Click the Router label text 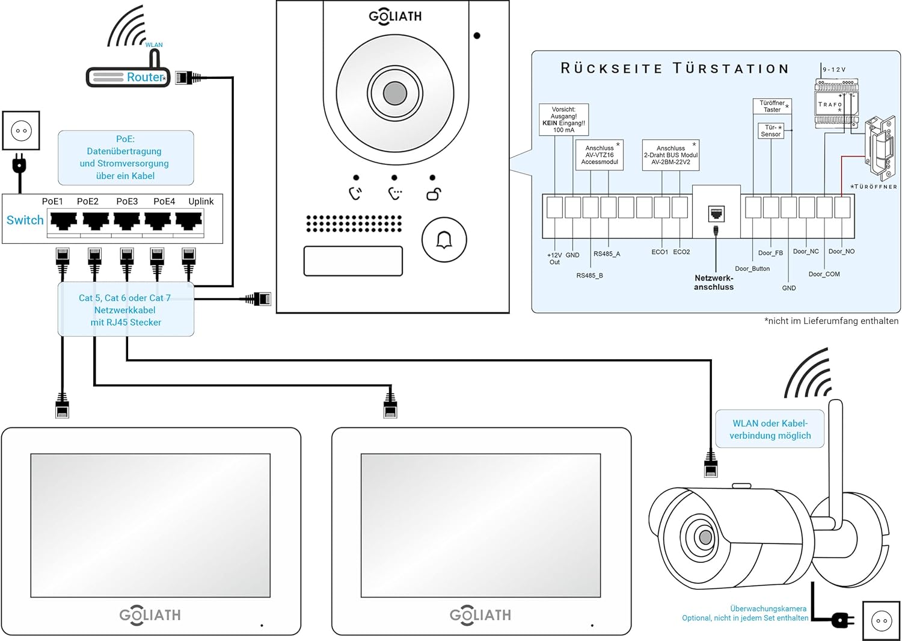(x=144, y=77)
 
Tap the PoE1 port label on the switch (x=52, y=202)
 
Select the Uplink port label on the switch (x=201, y=202)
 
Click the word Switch (x=25, y=220)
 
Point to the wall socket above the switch (x=21, y=131)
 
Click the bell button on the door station (x=444, y=240)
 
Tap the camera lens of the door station (x=395, y=93)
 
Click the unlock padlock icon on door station (x=434, y=194)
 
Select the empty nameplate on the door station (x=353, y=261)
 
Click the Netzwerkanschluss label (x=714, y=283)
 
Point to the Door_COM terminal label (x=824, y=274)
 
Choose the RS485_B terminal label (x=589, y=276)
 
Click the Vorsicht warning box (x=563, y=120)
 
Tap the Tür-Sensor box (x=771, y=131)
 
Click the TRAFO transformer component (x=836, y=104)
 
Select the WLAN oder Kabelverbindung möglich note (x=770, y=430)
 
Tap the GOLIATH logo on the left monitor (x=150, y=615)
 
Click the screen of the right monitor (x=480, y=525)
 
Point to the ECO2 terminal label (x=681, y=252)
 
